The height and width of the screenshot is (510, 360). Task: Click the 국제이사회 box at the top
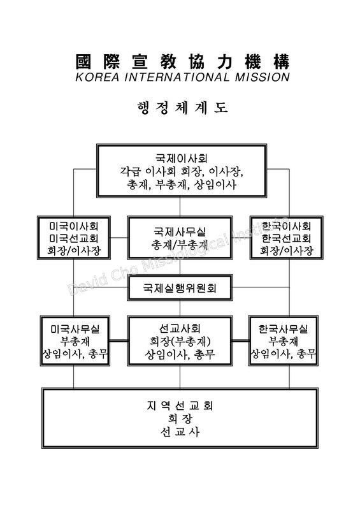pos(182,171)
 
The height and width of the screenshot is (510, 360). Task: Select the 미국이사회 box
pos(73,237)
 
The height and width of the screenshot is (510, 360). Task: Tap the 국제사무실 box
pos(180,237)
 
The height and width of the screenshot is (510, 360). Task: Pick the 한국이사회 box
pos(287,237)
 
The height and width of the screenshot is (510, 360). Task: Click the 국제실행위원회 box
pos(180,288)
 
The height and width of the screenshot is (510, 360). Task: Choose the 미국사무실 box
pos(75,340)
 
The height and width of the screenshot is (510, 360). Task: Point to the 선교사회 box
pos(180,340)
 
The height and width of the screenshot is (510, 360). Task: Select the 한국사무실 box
pos(284,340)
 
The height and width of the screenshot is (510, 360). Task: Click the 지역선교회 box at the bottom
pos(180,418)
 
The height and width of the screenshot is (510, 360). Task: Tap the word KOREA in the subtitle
pos(97,77)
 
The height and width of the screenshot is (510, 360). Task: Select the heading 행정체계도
pos(182,108)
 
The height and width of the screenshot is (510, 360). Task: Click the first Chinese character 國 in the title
pos(83,61)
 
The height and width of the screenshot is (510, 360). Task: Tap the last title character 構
pos(281,61)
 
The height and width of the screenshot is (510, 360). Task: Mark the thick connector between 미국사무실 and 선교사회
pos(119,341)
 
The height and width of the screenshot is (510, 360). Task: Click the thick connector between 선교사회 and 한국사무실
pos(241,341)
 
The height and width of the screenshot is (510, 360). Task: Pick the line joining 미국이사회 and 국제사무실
pos(119,238)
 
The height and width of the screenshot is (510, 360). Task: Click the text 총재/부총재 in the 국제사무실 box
pos(180,244)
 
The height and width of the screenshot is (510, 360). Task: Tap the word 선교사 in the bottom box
pos(180,432)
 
